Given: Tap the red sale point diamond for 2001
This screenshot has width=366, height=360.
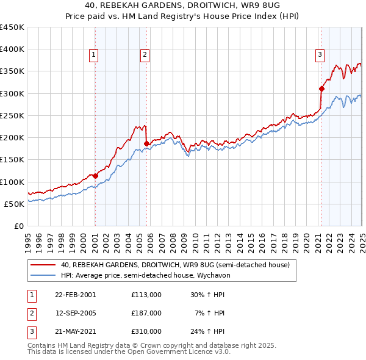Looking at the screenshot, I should coord(95,176).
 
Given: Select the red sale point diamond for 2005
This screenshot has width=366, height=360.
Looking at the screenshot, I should coord(146,143).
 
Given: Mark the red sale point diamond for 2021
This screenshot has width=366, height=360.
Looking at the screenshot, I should coord(321,88).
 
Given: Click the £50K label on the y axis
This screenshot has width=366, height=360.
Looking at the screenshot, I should coord(15,204).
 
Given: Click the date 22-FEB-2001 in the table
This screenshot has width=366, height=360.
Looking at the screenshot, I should coord(75,294).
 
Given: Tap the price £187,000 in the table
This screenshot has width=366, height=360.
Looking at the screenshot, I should coord(146,312).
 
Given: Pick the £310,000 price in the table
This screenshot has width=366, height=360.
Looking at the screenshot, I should coord(146,331).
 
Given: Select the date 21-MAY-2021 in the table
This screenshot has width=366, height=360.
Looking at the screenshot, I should coord(75,331).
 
